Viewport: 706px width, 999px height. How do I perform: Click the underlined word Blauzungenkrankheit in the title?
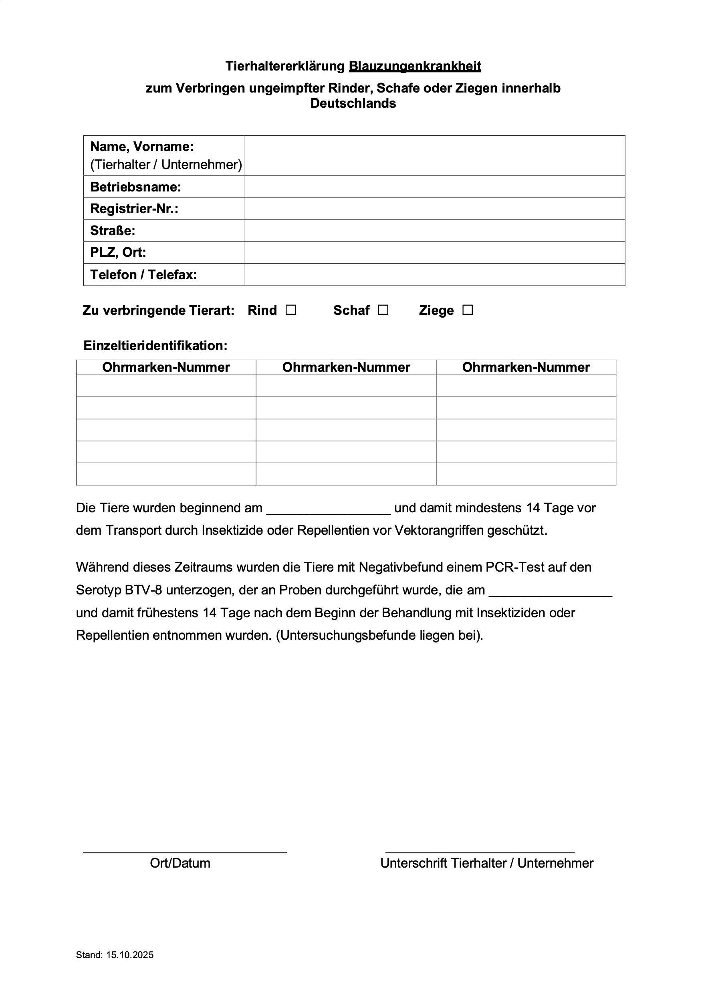[x=415, y=66]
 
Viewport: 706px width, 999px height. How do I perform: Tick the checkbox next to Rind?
[x=291, y=310]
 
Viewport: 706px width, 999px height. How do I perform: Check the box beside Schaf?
[x=383, y=310]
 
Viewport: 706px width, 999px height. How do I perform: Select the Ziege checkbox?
[x=468, y=310]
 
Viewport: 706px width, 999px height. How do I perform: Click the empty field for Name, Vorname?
[x=434, y=155]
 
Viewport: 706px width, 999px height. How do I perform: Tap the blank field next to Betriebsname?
[x=434, y=187]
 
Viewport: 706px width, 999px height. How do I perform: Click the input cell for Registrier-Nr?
[x=434, y=208]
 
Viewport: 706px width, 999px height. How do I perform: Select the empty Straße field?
[x=434, y=231]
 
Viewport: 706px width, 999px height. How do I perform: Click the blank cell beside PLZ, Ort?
[x=434, y=252]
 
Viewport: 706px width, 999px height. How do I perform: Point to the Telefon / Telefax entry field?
[x=434, y=274]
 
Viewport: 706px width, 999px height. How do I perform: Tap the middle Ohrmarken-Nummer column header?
[x=346, y=367]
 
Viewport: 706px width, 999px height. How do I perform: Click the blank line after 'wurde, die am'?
[x=551, y=591]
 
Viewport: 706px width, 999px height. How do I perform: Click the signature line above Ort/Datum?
[x=185, y=852]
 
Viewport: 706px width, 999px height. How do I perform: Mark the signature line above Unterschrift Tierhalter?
[x=480, y=852]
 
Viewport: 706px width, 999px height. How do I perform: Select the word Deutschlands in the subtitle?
[x=353, y=104]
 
